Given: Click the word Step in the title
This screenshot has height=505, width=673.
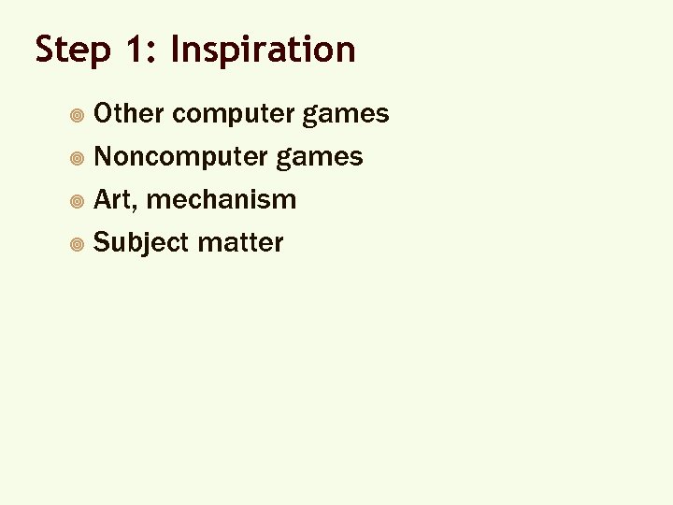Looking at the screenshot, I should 73,50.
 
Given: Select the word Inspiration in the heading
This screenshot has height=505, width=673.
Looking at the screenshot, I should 264,50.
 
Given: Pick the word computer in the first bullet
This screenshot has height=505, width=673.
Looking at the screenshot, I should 234,115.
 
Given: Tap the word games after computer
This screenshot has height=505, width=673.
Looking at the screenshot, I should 346,115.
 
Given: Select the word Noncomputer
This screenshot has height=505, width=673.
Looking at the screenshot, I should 181,157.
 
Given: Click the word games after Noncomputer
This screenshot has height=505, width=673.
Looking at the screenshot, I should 320,157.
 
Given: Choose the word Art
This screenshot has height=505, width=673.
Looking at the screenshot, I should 115,199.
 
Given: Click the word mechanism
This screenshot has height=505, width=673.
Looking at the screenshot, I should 222,199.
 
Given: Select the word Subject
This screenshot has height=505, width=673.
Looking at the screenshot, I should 142,243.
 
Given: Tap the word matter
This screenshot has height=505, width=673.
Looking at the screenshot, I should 241,243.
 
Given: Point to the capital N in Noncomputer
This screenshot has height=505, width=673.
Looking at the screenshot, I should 104,156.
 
